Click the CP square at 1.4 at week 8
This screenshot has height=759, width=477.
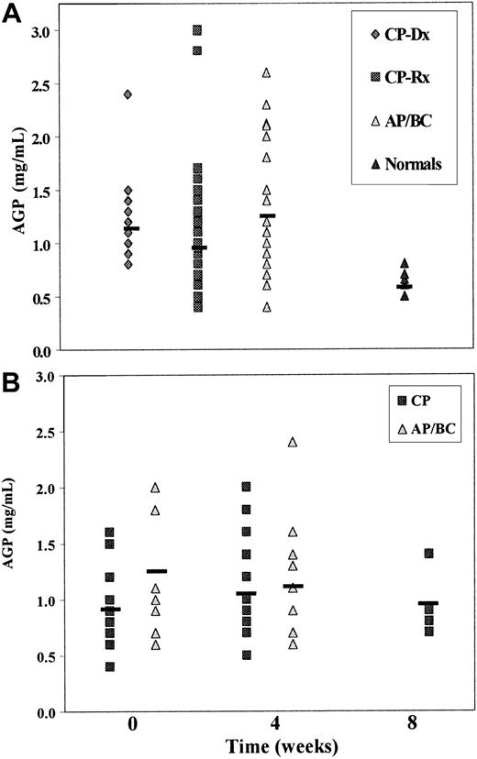click(x=405, y=554)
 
